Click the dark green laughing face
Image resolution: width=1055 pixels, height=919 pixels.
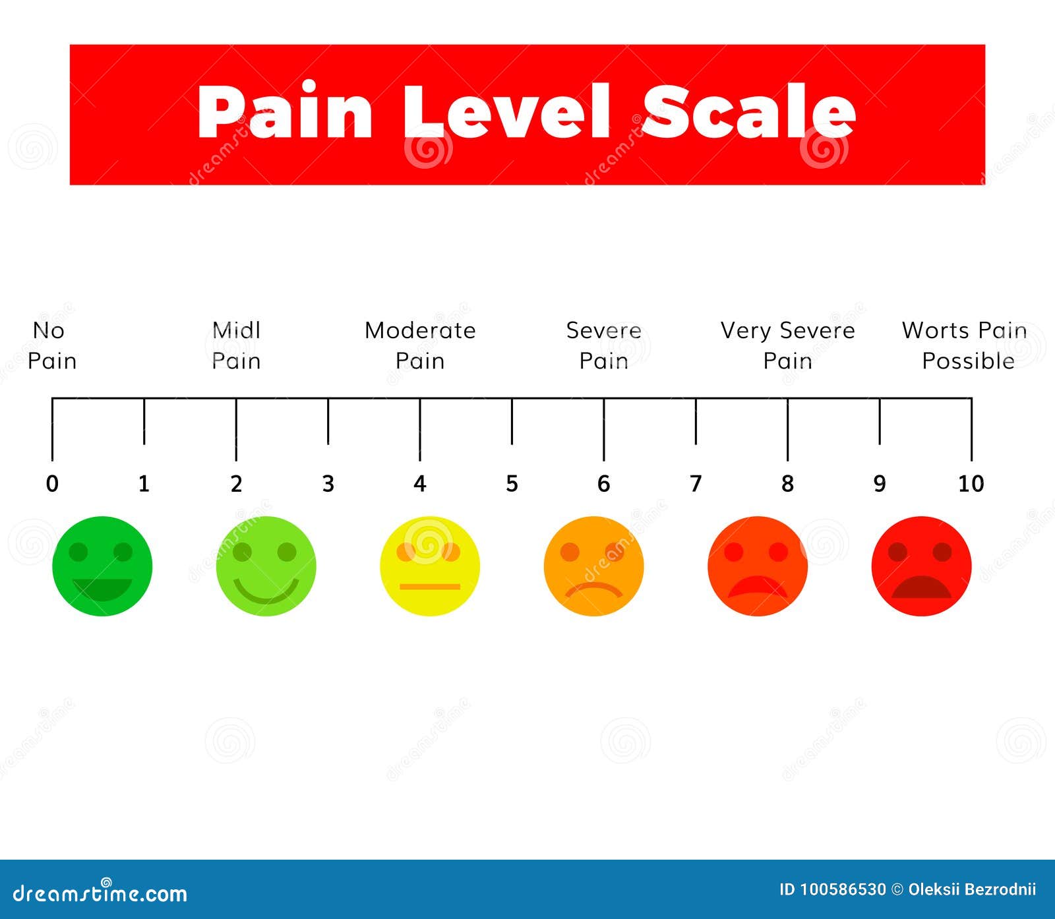tap(102, 566)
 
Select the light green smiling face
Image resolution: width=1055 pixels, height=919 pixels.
tap(266, 566)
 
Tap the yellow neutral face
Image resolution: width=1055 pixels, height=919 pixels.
tap(430, 566)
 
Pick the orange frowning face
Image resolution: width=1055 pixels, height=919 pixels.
tap(594, 566)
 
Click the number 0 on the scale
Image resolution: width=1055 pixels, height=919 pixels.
tap(52, 484)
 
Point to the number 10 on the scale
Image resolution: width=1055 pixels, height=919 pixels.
tap(971, 484)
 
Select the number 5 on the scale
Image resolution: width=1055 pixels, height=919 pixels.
tap(512, 484)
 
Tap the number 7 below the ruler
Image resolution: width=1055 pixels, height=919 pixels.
tap(696, 484)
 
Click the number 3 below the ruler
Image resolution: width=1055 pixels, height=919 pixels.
tap(328, 484)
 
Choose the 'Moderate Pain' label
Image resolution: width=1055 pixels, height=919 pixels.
tap(420, 345)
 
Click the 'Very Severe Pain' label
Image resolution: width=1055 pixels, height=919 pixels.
tap(787, 345)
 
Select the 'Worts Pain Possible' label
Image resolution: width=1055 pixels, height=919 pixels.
tap(965, 345)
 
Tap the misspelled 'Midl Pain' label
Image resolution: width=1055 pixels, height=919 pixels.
tap(236, 345)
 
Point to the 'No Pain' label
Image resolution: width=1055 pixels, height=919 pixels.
tap(52, 345)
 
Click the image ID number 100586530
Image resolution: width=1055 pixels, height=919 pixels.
tap(843, 889)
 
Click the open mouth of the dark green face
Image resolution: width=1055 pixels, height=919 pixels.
tap(102, 589)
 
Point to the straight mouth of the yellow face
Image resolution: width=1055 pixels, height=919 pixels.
tap(430, 586)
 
